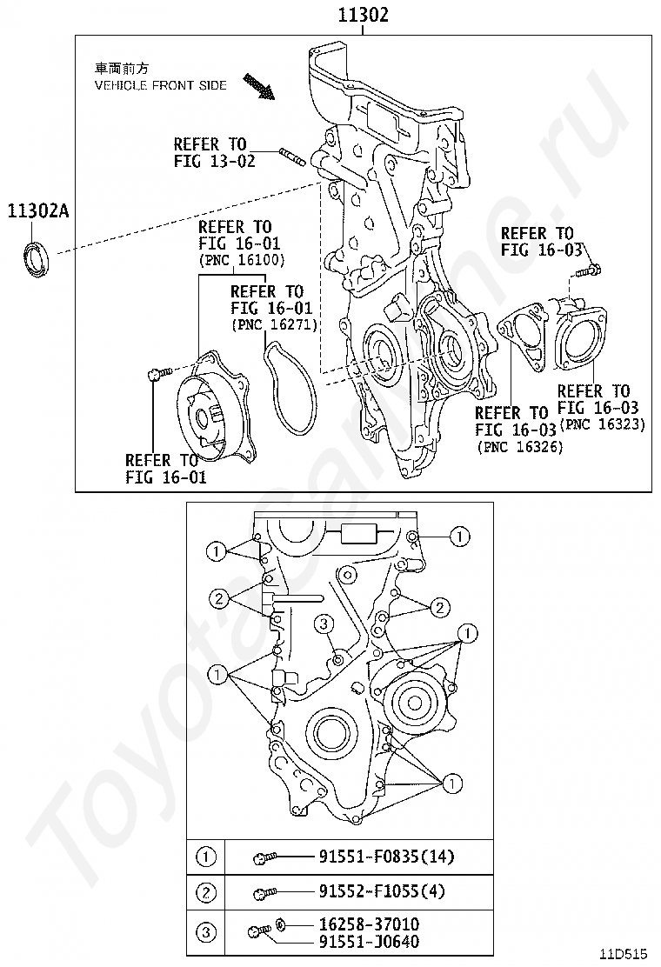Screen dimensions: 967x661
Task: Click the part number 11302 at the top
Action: (x=363, y=15)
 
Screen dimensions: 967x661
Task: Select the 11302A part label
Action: (x=38, y=210)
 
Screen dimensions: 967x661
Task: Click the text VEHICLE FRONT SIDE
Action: (x=160, y=85)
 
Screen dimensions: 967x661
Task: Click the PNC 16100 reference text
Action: (x=242, y=260)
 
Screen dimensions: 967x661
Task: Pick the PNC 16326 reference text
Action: (x=520, y=446)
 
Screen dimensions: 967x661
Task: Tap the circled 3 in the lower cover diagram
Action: (x=323, y=624)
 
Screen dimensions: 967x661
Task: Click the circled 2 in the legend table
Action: (x=205, y=892)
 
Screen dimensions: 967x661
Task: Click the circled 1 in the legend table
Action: (x=205, y=857)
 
